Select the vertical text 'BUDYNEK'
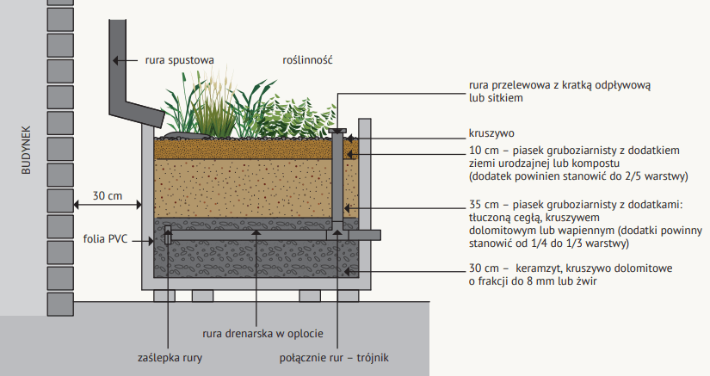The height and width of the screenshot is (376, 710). click(x=26, y=147)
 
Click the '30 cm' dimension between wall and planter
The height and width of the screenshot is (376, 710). click(x=107, y=196)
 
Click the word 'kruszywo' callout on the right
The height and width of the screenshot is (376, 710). click(x=491, y=134)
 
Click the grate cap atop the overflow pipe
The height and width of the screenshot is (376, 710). click(x=338, y=131)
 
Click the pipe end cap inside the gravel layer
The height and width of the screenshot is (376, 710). click(x=168, y=233)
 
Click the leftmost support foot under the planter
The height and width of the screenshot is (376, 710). click(x=165, y=296)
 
